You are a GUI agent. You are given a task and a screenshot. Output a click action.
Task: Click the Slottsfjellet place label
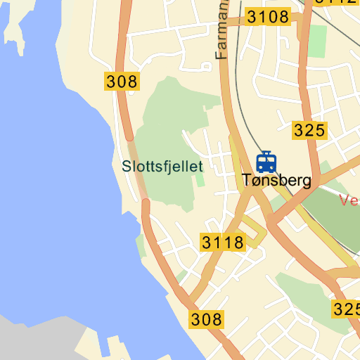[162, 167]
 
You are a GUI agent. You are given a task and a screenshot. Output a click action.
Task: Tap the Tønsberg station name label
[276, 181]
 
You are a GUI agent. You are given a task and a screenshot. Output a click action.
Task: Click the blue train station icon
[266, 162]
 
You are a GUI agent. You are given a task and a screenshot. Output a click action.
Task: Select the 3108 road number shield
[269, 17]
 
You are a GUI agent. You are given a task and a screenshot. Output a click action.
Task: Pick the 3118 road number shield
[222, 243]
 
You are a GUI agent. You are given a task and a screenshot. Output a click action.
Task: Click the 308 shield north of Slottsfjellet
[122, 81]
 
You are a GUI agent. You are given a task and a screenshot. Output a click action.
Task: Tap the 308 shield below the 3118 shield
[206, 319]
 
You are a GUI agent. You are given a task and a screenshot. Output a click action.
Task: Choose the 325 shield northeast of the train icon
[309, 129]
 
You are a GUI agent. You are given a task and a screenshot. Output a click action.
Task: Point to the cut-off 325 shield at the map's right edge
[346, 309]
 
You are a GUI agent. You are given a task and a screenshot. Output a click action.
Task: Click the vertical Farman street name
[223, 32]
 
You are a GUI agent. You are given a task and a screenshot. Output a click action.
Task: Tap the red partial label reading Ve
[349, 200]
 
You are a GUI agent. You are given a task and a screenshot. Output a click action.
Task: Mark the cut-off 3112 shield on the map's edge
[335, 2]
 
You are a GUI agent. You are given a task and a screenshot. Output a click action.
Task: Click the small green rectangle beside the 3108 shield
[318, 41]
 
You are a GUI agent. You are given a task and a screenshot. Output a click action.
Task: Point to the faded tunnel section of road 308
[139, 172]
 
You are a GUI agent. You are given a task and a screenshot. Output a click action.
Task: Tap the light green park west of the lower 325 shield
[302, 295]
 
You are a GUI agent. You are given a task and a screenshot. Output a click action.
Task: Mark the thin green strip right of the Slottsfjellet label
[200, 176]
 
